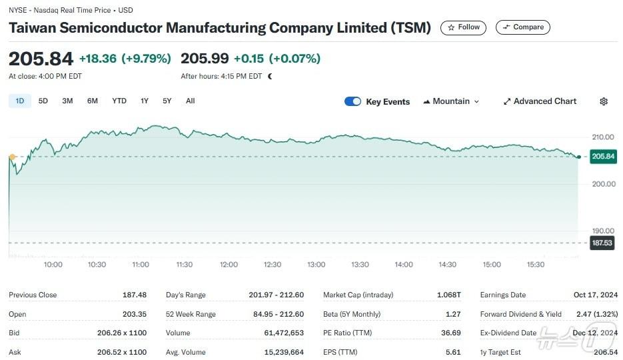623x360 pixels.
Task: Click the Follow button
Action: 463,27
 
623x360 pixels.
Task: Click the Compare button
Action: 522,27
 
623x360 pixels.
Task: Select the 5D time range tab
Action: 43,101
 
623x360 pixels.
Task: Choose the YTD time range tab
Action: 119,101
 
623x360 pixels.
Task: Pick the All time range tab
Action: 190,101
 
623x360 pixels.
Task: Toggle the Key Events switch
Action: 352,101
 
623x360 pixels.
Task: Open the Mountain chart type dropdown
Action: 451,101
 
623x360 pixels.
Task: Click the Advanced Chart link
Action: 540,101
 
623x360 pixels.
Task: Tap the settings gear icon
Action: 604,101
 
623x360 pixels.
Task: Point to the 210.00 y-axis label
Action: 603,137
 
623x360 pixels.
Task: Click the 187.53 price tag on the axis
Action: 602,243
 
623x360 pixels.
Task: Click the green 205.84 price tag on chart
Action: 602,157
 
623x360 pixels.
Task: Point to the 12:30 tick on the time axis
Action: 272,265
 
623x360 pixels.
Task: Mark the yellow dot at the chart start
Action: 12,157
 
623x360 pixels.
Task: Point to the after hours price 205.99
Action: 205,59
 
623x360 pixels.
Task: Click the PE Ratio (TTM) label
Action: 348,333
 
